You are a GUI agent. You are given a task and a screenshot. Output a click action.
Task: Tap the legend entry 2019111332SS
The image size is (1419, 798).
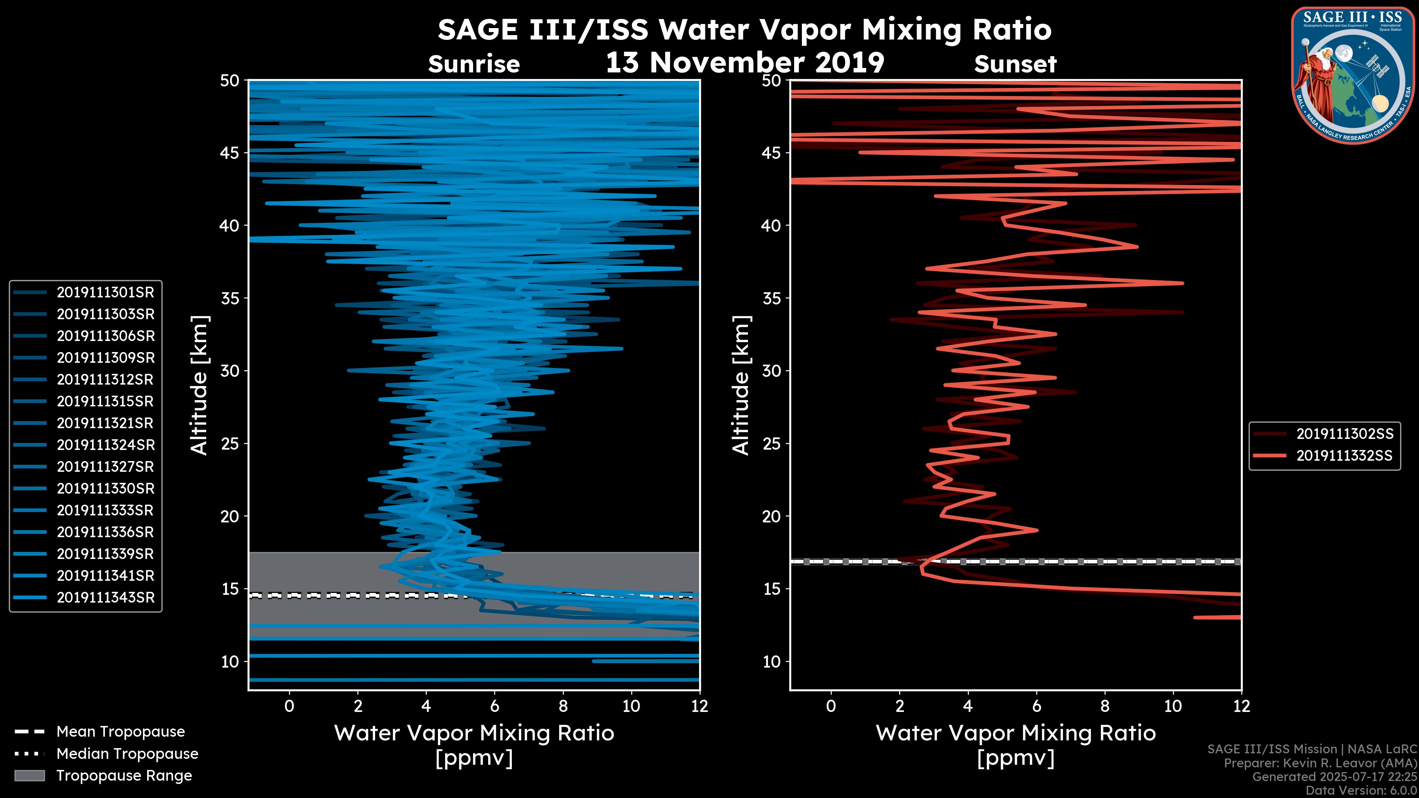[1344, 456]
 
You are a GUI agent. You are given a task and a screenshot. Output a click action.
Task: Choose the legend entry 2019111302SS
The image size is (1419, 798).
[1344, 434]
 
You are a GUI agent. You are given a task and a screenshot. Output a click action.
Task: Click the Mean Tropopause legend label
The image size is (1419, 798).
[120, 732]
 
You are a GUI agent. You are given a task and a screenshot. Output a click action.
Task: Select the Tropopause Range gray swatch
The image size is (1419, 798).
[29, 775]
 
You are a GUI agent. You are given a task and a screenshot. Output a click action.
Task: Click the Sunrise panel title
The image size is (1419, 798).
[474, 64]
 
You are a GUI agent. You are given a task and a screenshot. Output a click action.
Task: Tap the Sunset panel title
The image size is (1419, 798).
[1015, 64]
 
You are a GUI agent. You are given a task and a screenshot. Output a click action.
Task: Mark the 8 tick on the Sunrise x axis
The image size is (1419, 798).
[563, 706]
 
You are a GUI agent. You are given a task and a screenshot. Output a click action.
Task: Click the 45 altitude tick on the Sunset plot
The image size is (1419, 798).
[771, 153]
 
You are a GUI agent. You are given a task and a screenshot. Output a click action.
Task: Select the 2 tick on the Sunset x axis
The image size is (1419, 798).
[899, 706]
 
